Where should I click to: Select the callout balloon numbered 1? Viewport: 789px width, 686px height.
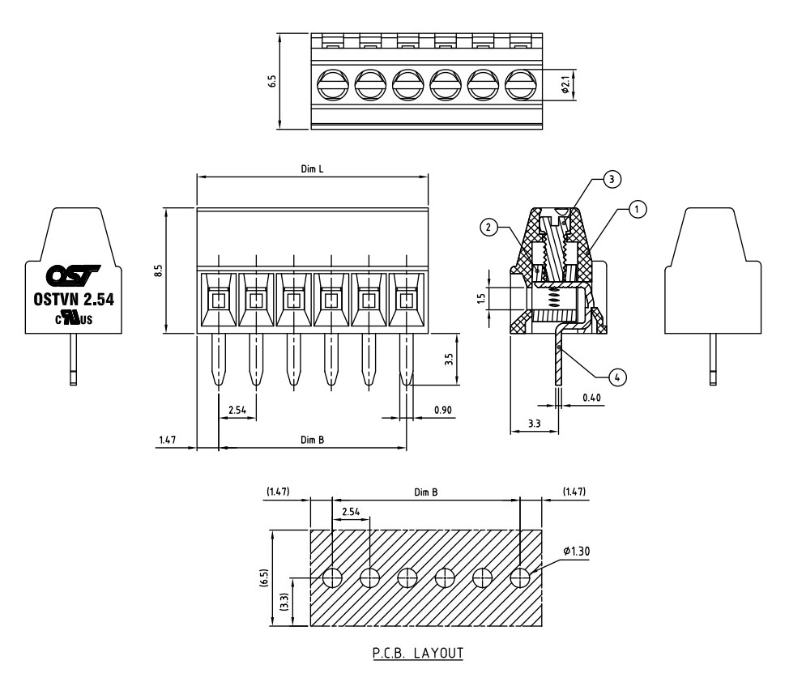pos(638,210)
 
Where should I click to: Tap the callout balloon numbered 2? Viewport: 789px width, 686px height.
pos(488,228)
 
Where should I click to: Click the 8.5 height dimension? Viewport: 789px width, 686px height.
pos(159,270)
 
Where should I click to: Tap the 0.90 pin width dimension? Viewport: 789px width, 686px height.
pos(443,411)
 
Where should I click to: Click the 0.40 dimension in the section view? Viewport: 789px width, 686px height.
pos(592,398)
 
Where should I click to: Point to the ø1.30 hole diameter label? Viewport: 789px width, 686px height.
pos(576,552)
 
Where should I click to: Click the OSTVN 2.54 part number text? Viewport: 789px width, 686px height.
pos(73,299)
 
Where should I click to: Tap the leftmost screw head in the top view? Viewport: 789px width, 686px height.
pos(331,83)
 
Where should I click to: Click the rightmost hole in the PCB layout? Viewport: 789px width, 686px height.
pos(520,577)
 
